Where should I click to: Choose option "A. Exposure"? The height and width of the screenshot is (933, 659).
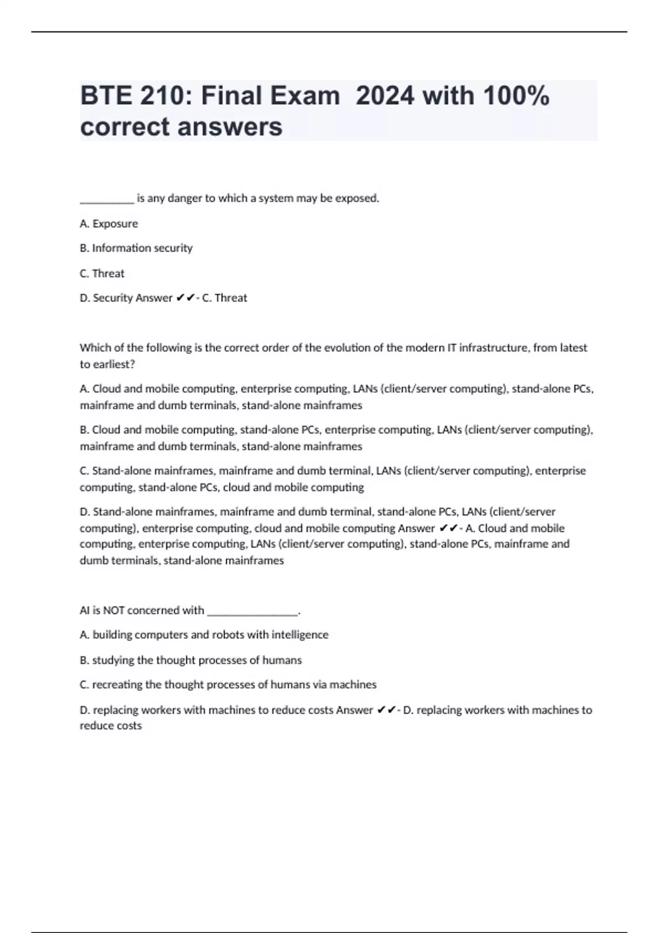click(109, 224)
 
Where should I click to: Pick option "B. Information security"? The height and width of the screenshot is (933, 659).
click(136, 248)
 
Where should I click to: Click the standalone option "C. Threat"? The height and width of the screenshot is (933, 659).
click(102, 273)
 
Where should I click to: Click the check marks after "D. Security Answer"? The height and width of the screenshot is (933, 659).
click(186, 298)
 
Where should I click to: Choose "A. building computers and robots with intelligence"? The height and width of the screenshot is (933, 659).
click(204, 635)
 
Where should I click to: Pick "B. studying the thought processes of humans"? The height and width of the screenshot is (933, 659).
click(191, 660)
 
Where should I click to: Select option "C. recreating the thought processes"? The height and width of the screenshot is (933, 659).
click(228, 685)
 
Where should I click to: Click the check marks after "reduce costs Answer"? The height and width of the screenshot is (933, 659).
click(387, 710)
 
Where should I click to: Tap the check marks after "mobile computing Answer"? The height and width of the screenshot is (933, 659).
click(449, 529)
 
